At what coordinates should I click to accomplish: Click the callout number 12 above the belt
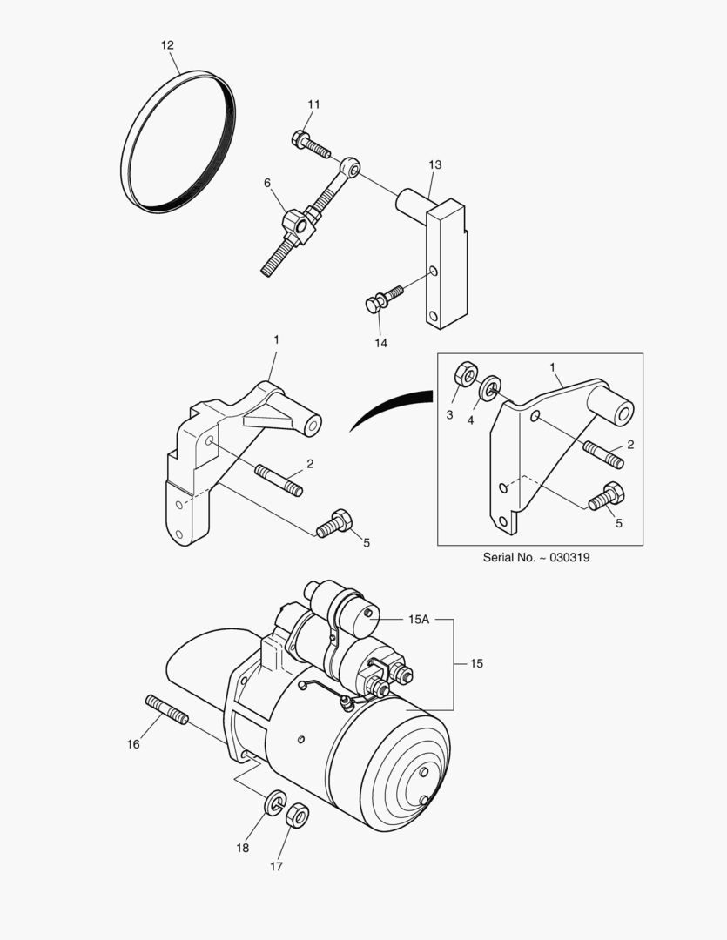pos(167,44)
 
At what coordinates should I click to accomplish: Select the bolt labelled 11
pos(311,144)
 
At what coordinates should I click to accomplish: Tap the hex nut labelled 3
pos(466,376)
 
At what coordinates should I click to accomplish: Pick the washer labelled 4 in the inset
pos(491,385)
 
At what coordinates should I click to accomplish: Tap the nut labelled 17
pos(297,815)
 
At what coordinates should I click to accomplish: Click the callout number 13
pos(435,164)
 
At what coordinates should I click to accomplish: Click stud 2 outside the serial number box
pos(279,480)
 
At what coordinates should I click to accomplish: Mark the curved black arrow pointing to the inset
pos(392,408)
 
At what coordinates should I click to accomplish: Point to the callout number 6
pos(267,182)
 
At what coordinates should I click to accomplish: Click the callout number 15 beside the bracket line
pos(476,663)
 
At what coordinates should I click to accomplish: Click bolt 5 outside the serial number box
pos(333,523)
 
